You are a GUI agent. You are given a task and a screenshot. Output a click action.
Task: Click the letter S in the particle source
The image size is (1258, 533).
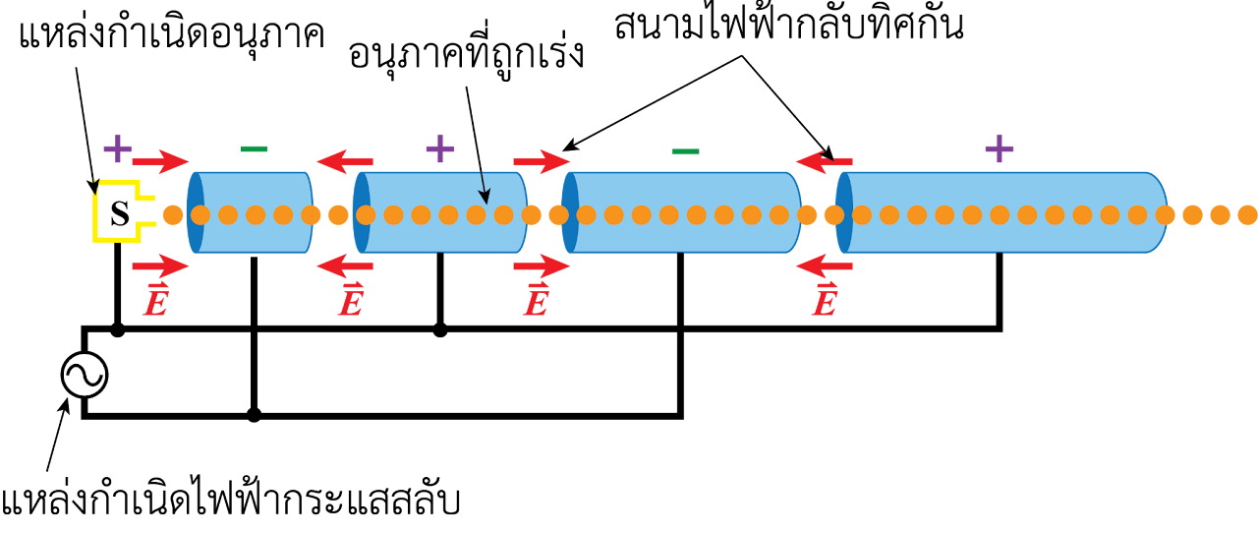(x=120, y=213)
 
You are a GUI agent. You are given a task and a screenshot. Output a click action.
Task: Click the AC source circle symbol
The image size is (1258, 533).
(x=85, y=375)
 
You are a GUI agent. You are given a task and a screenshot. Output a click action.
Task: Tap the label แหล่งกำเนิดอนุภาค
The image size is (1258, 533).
(x=171, y=34)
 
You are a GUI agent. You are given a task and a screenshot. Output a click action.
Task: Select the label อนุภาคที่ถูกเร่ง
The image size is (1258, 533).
(x=466, y=56)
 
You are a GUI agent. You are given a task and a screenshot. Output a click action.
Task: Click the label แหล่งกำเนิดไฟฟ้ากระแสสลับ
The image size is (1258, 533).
(x=230, y=500)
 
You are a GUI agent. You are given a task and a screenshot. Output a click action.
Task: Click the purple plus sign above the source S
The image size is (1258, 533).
(x=117, y=148)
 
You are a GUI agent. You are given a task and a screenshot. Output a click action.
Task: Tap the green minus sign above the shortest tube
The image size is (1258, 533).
(x=254, y=149)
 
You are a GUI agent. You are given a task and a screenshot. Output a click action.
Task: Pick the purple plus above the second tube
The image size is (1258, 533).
(x=439, y=148)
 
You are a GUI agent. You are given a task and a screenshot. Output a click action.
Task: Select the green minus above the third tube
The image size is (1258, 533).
(x=685, y=151)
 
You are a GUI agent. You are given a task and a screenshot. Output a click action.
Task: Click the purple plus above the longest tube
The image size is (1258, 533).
(x=1000, y=148)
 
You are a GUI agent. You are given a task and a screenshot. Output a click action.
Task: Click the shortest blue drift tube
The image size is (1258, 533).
(x=250, y=212)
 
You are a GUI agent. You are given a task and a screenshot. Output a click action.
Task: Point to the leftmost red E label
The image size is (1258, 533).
(x=156, y=300)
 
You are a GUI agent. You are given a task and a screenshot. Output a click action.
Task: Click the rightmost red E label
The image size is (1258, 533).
(x=825, y=300)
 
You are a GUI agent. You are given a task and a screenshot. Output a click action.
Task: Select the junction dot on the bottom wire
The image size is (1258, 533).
(x=254, y=416)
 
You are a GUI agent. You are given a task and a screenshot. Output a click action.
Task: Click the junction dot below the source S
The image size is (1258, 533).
(x=117, y=330)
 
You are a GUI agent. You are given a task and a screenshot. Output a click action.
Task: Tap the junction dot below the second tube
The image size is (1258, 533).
(x=439, y=330)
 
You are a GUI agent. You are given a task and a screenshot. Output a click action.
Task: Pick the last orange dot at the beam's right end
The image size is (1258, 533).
(x=1247, y=214)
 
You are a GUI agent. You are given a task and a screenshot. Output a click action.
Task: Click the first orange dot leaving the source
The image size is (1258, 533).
(x=173, y=214)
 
